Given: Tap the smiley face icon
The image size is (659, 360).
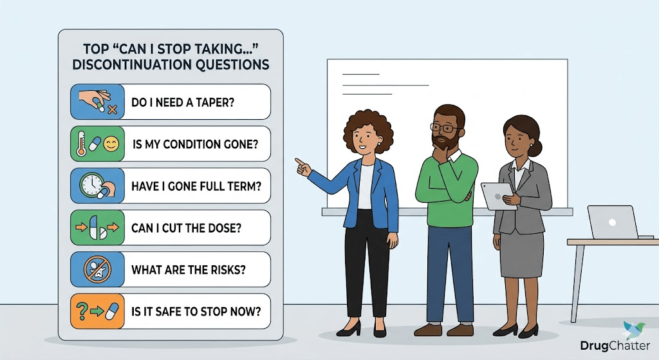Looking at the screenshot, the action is (111, 144).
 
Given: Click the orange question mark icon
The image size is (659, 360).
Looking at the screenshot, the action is (81, 311).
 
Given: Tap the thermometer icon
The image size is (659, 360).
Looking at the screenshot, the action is (81, 144).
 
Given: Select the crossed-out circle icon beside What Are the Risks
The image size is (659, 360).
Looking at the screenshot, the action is (97, 269).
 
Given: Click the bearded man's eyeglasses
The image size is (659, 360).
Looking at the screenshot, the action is (444, 128).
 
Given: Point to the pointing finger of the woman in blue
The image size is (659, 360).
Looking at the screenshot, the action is (299, 161).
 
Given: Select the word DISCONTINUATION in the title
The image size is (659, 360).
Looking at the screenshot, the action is (135, 65).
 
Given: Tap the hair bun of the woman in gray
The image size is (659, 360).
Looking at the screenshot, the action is (537, 147).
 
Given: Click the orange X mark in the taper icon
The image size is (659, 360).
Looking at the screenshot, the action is (112, 110).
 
